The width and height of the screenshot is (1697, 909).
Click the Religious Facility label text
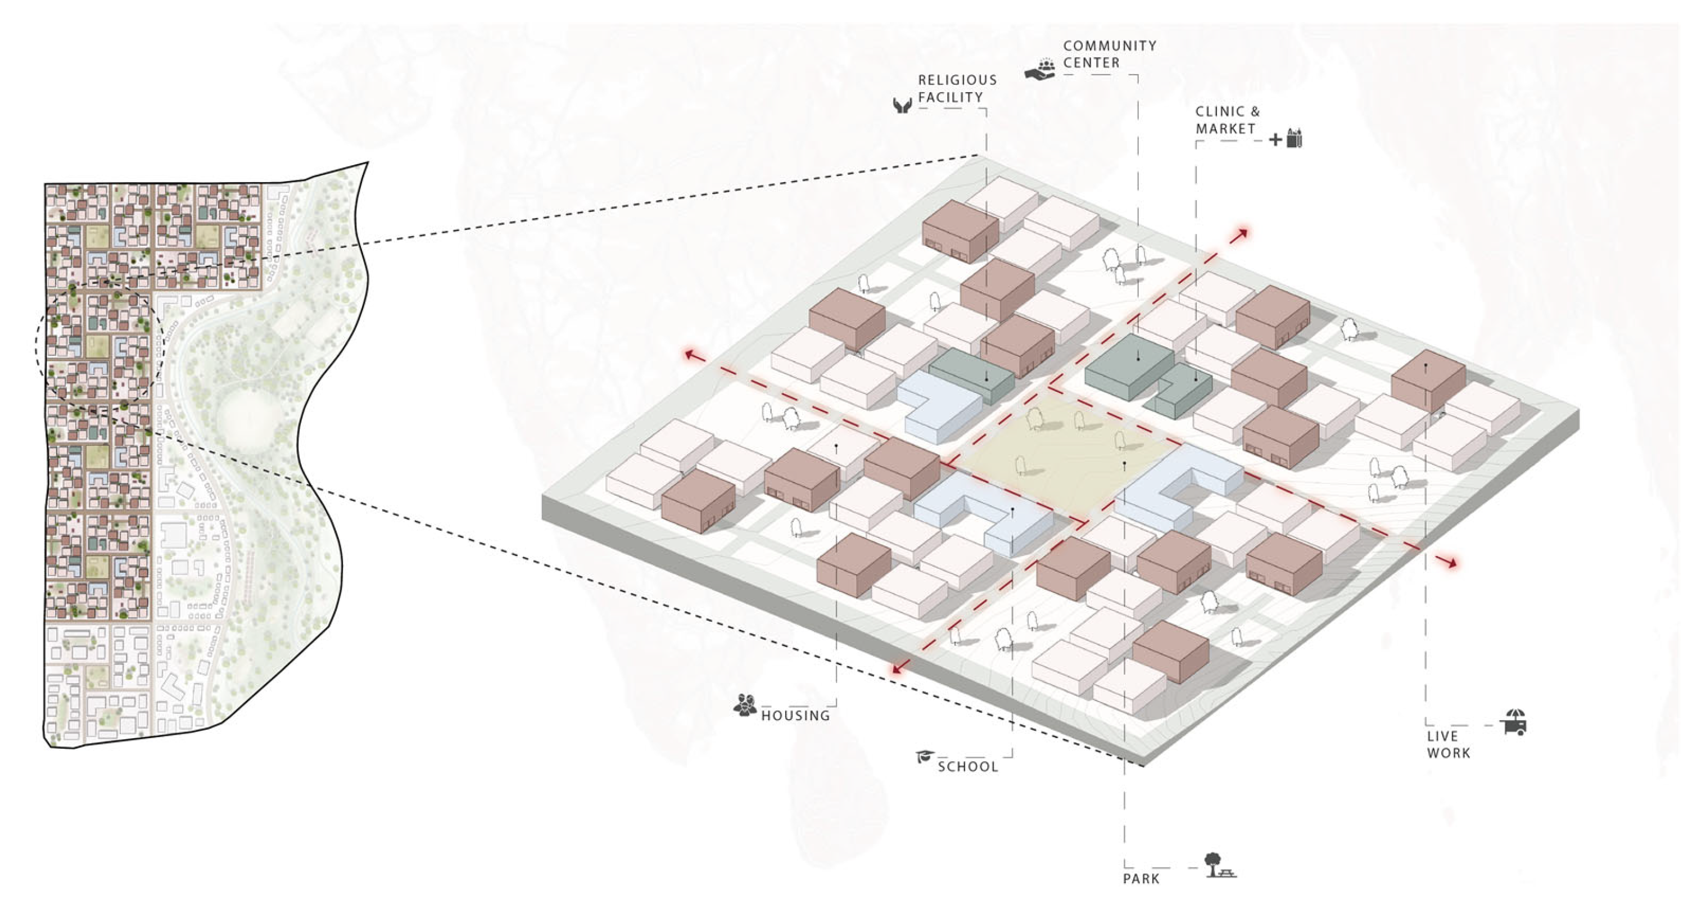[x=957, y=88]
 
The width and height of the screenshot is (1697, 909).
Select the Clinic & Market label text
[x=1227, y=120]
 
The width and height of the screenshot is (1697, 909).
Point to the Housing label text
[x=795, y=716]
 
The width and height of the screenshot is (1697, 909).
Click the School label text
[x=967, y=766]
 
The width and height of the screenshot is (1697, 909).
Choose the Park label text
[x=1141, y=878]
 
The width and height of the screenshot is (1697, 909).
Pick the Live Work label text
[x=1448, y=744]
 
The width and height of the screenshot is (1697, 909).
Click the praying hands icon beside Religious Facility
[x=902, y=105]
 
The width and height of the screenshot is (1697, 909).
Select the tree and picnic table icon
[x=1219, y=866]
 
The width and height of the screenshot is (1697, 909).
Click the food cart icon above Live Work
[x=1514, y=722]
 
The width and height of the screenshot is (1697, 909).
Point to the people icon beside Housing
[x=745, y=705]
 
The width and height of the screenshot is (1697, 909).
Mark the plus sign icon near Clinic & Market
[x=1275, y=139]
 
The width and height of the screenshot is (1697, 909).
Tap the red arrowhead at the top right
[x=1242, y=233]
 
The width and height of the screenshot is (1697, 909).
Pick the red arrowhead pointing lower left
[x=897, y=669]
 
